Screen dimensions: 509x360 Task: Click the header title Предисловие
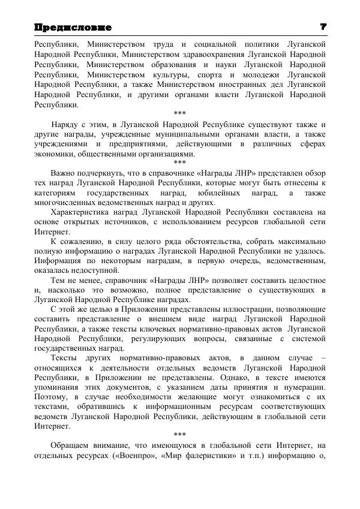(73, 28)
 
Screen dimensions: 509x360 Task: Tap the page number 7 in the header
(323, 27)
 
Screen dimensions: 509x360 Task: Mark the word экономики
(54, 154)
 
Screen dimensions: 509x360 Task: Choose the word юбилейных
(214, 193)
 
